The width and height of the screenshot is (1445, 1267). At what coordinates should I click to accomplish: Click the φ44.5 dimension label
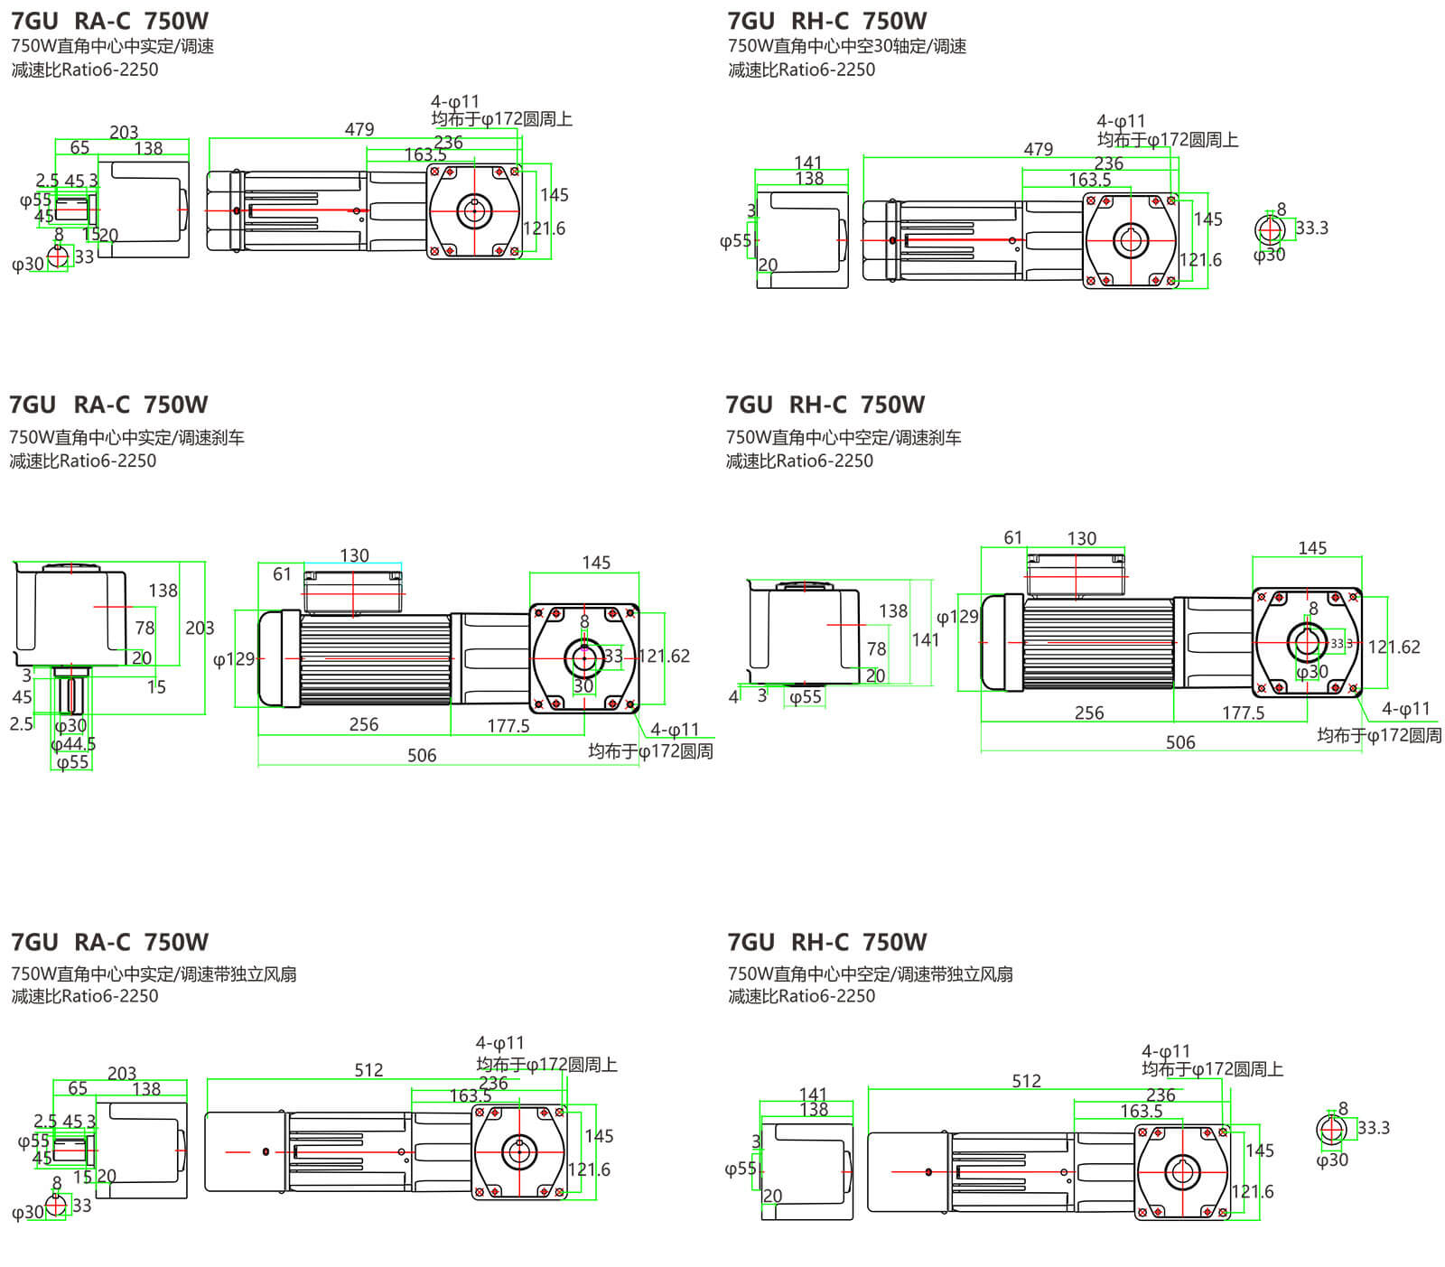point(73,744)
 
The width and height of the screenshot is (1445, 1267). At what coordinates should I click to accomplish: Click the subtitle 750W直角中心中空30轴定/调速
point(846,46)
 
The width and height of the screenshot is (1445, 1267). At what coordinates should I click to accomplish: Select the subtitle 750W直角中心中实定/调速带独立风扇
point(154,974)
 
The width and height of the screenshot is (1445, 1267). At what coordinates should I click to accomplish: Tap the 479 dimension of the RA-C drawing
point(359,129)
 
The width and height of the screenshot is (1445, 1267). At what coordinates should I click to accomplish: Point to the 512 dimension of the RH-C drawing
point(1026,1081)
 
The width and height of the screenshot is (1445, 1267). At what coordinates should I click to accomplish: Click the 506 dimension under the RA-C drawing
point(422,755)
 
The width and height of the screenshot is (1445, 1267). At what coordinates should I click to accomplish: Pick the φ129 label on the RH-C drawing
point(957,617)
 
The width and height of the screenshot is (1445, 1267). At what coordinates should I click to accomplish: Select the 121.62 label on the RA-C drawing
point(664,656)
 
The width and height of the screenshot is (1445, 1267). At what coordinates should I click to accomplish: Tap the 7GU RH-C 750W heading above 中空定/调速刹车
point(825,405)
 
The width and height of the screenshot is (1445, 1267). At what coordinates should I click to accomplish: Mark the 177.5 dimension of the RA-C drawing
point(508,725)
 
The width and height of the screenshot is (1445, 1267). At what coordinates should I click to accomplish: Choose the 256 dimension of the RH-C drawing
point(1089,713)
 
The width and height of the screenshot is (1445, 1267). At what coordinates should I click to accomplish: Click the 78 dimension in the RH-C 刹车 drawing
point(876,648)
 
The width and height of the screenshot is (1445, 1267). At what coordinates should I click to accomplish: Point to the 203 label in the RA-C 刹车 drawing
point(200,628)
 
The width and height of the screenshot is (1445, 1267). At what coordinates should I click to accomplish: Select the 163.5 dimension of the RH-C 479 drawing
point(1090,180)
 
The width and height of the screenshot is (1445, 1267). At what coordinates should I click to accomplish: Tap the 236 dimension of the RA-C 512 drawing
point(493,1082)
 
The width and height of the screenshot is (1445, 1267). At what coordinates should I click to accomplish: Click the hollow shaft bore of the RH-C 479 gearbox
point(1129,240)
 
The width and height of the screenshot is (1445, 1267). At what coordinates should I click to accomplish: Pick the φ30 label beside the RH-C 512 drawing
point(1331,1160)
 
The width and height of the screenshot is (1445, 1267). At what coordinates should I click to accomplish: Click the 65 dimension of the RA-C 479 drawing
point(79,147)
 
